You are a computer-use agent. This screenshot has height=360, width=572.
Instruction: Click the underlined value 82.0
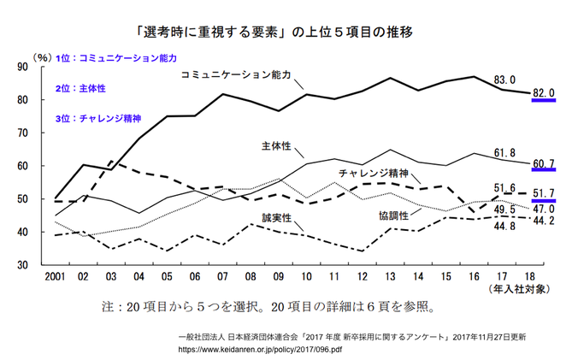tap(544, 93)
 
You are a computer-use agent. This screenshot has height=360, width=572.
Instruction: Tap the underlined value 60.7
tap(544, 163)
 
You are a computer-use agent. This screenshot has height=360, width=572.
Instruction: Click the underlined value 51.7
tap(544, 196)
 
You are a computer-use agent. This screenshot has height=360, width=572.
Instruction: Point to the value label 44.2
tap(544, 221)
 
